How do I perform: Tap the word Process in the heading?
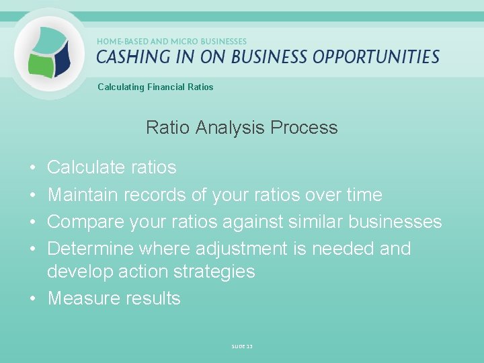(x=307, y=127)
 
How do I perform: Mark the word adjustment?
(x=241, y=249)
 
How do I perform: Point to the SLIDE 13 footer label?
(x=241, y=346)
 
